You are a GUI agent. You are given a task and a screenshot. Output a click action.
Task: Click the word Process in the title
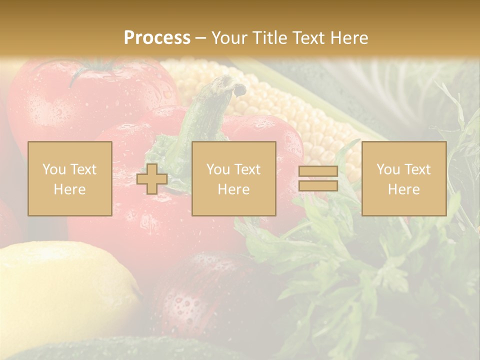pyautogui.click(x=157, y=38)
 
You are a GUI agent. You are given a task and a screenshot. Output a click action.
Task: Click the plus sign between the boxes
pyautogui.click(x=152, y=179)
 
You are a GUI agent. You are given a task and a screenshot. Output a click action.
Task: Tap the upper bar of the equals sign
pyautogui.click(x=318, y=171)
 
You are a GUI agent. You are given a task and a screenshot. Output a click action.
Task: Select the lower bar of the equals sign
pyautogui.click(x=318, y=186)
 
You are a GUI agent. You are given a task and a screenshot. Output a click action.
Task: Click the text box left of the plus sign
pyautogui.click(x=70, y=178)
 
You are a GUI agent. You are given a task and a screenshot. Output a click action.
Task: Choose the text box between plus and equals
pyautogui.click(x=233, y=178)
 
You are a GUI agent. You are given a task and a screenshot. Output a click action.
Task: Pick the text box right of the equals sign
pyautogui.click(x=403, y=178)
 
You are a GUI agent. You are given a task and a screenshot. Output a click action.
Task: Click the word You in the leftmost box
pyautogui.click(x=53, y=169)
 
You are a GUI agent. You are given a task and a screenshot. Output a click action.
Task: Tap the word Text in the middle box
pyautogui.click(x=247, y=169)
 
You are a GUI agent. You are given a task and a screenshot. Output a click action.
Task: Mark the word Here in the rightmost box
pyautogui.click(x=403, y=189)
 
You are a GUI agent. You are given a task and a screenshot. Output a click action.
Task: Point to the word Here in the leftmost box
pyautogui.click(x=70, y=189)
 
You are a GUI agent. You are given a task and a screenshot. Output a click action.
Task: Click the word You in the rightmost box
pyautogui.click(x=388, y=169)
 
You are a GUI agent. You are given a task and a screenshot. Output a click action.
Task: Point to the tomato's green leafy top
pyautogui.click(x=95, y=67)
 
